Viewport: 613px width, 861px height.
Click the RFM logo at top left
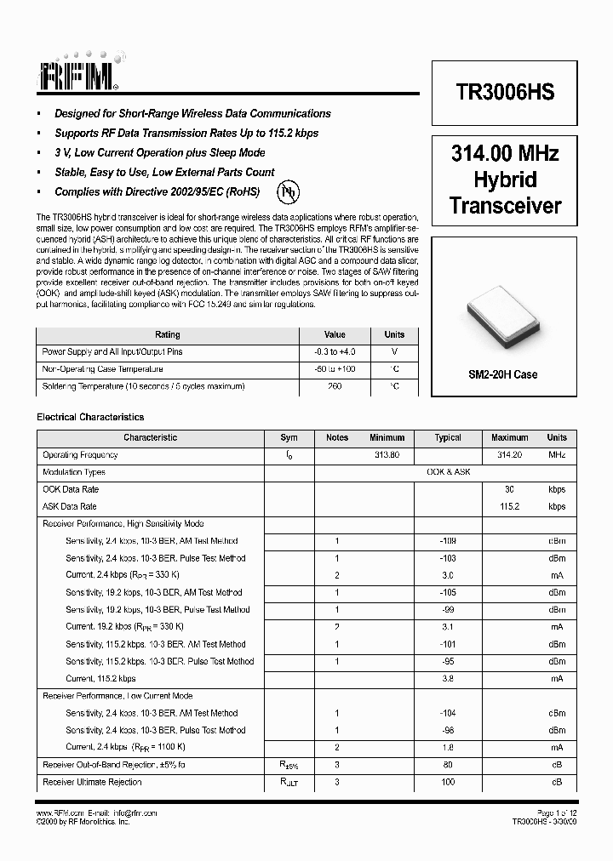coord(77,74)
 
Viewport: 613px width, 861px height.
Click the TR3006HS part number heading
coord(505,94)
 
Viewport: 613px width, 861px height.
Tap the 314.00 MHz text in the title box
coord(505,154)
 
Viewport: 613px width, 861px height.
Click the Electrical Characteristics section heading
coord(90,417)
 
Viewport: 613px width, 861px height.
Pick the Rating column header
coord(167,334)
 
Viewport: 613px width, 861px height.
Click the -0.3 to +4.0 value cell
coord(335,351)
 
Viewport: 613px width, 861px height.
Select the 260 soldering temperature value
coord(335,386)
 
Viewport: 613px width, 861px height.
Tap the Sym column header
coord(289,437)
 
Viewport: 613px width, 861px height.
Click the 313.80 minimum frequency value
coord(387,455)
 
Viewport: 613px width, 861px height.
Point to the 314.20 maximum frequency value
coord(509,455)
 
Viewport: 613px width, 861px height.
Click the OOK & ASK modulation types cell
coord(448,472)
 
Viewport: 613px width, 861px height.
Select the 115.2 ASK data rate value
coord(509,506)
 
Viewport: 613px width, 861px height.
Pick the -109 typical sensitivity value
coord(448,541)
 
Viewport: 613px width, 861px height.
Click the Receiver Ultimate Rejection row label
coord(92,782)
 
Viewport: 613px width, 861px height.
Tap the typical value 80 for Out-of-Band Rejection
coord(448,765)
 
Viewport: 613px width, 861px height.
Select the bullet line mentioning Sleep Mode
coord(159,152)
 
